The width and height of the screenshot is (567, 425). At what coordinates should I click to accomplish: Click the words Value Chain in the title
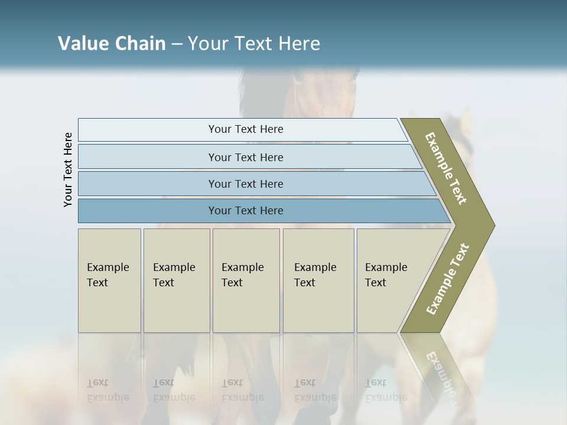tap(112, 44)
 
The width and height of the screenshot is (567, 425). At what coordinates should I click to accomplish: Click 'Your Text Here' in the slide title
tap(254, 44)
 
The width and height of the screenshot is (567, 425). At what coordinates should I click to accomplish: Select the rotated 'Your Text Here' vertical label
tap(68, 169)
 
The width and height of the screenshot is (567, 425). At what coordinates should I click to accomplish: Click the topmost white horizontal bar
tap(245, 129)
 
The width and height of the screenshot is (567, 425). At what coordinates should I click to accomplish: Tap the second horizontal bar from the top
tap(245, 157)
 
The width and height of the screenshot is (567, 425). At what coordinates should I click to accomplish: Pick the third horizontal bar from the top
tap(245, 184)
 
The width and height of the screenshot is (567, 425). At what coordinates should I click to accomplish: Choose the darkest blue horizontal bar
tap(245, 211)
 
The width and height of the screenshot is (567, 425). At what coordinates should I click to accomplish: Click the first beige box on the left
tap(109, 280)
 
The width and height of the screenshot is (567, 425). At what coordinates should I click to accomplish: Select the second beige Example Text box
tap(176, 280)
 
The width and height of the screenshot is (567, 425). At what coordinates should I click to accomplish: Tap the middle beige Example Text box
tap(246, 280)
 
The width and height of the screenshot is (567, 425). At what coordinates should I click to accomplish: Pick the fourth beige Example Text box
tap(318, 280)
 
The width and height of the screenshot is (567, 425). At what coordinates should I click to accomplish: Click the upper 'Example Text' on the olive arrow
tap(447, 168)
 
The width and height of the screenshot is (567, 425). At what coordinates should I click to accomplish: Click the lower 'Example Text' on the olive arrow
tap(448, 279)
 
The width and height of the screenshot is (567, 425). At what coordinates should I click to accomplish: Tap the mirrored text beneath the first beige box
tap(107, 390)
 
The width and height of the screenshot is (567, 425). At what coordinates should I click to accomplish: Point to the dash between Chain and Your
tap(177, 44)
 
